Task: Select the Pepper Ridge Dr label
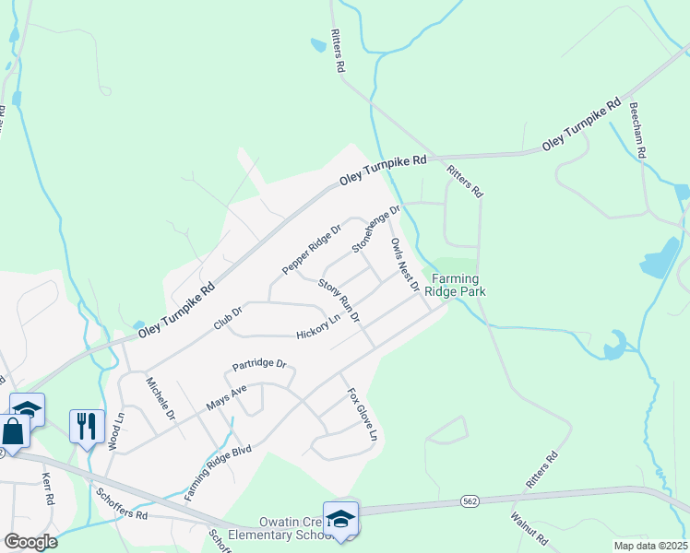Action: pos(312,249)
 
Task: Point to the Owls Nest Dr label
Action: pos(405,264)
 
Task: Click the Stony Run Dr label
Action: pos(339,302)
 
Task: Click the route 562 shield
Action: pos(470,501)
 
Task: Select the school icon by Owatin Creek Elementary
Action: pos(340,518)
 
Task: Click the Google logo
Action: pos(30,542)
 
